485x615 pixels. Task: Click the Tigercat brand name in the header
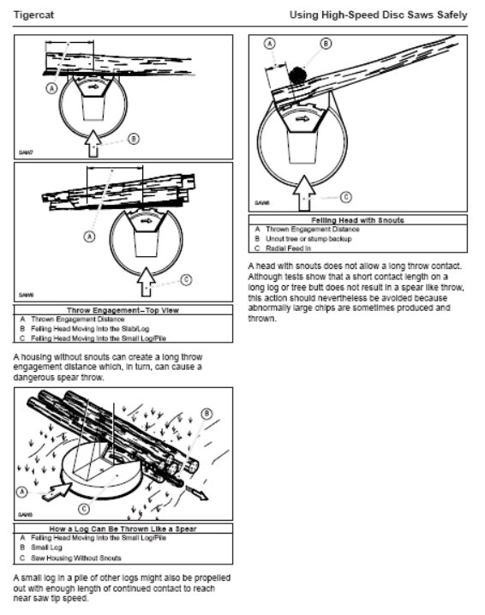[x=33, y=15]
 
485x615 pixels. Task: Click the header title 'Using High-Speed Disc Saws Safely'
[x=378, y=15]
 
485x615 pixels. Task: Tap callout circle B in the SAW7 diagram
[x=134, y=139]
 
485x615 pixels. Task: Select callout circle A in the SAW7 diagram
[x=51, y=88]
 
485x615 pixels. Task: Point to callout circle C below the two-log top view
[x=186, y=279]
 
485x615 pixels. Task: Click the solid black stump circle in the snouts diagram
[x=297, y=75]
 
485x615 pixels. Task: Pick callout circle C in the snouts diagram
[x=345, y=197]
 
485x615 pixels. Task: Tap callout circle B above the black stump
[x=326, y=43]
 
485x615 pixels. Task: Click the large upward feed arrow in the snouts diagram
[x=303, y=193]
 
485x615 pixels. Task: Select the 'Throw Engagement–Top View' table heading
[x=123, y=310]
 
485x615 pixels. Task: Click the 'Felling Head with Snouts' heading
[x=357, y=220]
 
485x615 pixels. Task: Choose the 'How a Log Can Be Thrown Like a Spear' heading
[x=123, y=528]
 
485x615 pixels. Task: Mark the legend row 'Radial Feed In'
[x=288, y=248]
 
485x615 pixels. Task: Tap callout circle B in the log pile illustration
[x=207, y=414]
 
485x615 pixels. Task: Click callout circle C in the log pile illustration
[x=84, y=509]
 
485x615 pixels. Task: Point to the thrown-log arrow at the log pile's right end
[x=196, y=493]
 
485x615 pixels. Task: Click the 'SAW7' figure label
[x=26, y=152]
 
